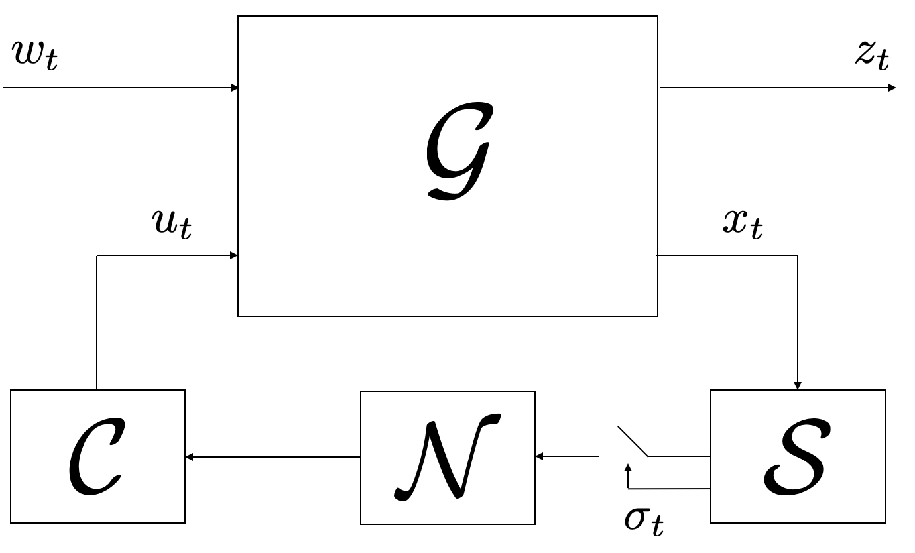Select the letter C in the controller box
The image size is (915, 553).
(96, 456)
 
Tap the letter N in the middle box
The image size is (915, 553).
(448, 457)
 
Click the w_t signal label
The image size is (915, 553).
(35, 56)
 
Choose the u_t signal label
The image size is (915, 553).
(172, 223)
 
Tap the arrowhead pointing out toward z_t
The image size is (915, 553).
(892, 88)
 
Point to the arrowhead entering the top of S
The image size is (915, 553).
(798, 385)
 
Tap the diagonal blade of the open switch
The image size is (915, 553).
(633, 441)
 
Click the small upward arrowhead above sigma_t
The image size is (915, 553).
(629, 468)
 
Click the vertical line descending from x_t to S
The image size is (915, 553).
(798, 318)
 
